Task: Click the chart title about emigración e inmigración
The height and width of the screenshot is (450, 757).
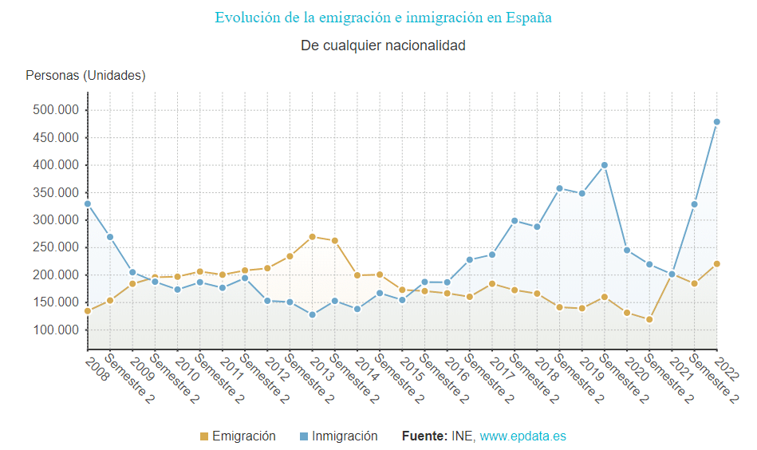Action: [383, 18]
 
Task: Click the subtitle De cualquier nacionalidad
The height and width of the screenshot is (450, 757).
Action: [383, 45]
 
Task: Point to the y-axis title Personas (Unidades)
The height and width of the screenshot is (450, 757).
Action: [85, 76]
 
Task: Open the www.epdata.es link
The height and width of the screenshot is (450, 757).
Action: [522, 436]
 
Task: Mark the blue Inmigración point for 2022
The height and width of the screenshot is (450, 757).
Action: [716, 122]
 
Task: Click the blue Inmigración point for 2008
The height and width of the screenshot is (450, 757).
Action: [88, 204]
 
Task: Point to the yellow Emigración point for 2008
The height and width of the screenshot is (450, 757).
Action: [88, 311]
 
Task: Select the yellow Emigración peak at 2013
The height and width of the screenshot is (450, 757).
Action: [312, 237]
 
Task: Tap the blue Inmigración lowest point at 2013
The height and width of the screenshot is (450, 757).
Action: [312, 314]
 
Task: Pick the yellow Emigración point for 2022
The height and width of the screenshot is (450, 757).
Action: [716, 264]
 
